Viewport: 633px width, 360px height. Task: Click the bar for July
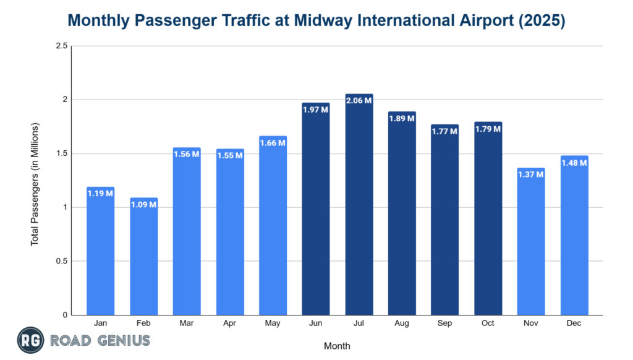359,204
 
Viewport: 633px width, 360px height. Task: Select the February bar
143,256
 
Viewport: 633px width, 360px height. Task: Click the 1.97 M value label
316,109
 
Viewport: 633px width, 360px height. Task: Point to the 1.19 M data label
100,193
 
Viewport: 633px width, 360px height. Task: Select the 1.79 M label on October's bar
488,129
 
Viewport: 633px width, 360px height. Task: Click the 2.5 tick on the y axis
61,46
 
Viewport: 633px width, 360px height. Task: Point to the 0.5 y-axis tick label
61,261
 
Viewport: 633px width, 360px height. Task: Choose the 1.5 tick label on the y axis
61,153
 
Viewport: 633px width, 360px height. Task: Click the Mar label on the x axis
187,323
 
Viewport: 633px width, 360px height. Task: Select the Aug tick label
402,323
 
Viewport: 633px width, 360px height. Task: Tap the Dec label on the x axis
574,323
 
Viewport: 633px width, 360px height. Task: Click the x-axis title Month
337,346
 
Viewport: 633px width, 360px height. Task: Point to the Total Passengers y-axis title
35,184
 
